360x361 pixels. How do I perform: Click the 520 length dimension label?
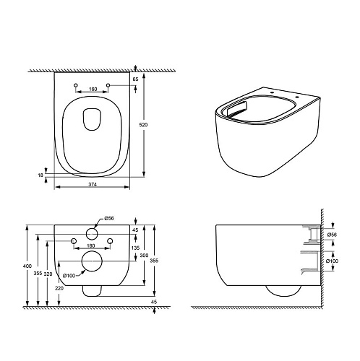pyautogui.click(x=143, y=125)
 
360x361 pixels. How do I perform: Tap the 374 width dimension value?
pyautogui.click(x=93, y=184)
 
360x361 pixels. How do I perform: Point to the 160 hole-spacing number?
pyautogui.click(x=93, y=89)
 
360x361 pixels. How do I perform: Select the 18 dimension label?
pyautogui.click(x=40, y=175)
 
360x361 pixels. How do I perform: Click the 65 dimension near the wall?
pyautogui.click(x=135, y=79)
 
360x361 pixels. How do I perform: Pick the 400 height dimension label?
pyautogui.click(x=27, y=266)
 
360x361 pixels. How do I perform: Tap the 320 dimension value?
pyautogui.click(x=48, y=274)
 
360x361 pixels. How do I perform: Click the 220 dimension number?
pyautogui.click(x=59, y=288)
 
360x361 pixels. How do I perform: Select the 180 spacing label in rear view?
pyautogui.click(x=90, y=245)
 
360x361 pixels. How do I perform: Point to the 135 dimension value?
pyautogui.click(x=136, y=248)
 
